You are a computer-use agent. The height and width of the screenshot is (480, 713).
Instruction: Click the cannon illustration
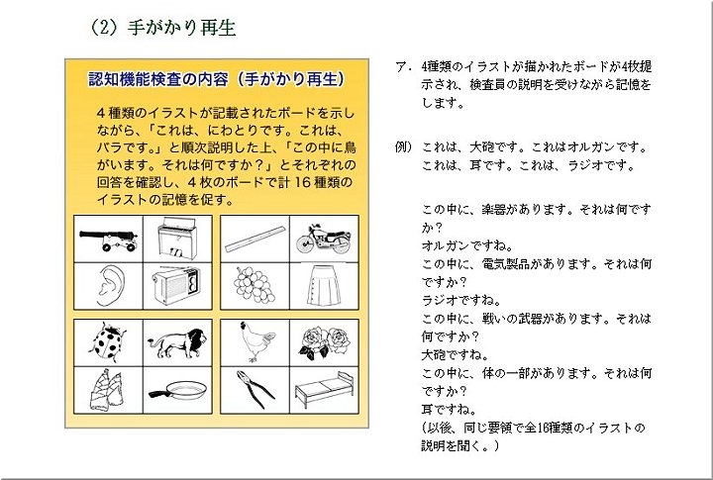pyautogui.click(x=108, y=240)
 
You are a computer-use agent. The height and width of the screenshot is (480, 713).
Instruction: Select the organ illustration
pyautogui.click(x=176, y=238)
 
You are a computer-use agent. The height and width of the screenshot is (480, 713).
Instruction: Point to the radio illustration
pyautogui.click(x=176, y=286)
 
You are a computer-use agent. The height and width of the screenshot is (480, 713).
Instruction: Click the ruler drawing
pyautogui.click(x=255, y=240)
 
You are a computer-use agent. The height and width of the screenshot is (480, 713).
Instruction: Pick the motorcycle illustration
pyautogui.click(x=324, y=239)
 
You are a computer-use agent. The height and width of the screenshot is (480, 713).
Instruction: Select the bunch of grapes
pyautogui.click(x=255, y=285)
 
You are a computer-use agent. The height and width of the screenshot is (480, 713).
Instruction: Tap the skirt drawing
pyautogui.click(x=323, y=286)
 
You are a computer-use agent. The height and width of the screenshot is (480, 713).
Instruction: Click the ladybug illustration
pyautogui.click(x=108, y=342)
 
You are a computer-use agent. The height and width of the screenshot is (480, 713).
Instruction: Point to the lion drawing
pyautogui.click(x=177, y=342)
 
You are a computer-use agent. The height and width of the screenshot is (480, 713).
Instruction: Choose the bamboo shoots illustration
pyautogui.click(x=107, y=390)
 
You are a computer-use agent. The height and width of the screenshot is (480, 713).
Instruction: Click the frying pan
pyautogui.click(x=177, y=390)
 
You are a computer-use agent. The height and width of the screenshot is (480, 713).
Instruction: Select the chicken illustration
pyautogui.click(x=256, y=341)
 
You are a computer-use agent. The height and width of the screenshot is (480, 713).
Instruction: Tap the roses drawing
pyautogui.click(x=324, y=342)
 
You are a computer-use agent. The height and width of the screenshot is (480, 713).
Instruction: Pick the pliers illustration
pyautogui.click(x=255, y=389)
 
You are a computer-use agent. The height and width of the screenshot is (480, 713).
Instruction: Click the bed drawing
pyautogui.click(x=324, y=390)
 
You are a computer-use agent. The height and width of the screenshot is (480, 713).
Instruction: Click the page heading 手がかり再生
pyautogui.click(x=181, y=28)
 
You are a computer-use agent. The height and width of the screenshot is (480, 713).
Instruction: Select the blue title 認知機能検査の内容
pyautogui.click(x=158, y=79)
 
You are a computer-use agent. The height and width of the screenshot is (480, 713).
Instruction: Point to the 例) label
pyautogui.click(x=403, y=146)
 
